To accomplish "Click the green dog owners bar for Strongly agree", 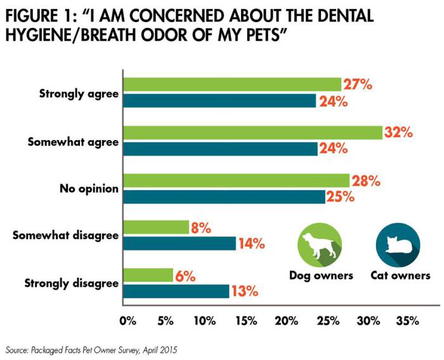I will [x=232, y=84].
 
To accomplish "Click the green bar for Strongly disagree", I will [x=148, y=275].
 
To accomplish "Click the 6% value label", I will [x=186, y=276].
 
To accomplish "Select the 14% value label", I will [x=251, y=243].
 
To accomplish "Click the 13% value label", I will [x=244, y=292].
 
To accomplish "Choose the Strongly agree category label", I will [x=79, y=93].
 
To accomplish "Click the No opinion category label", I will [x=89, y=188].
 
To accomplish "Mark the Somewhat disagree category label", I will [x=66, y=236].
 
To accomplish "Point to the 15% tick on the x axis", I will [x=245, y=321].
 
